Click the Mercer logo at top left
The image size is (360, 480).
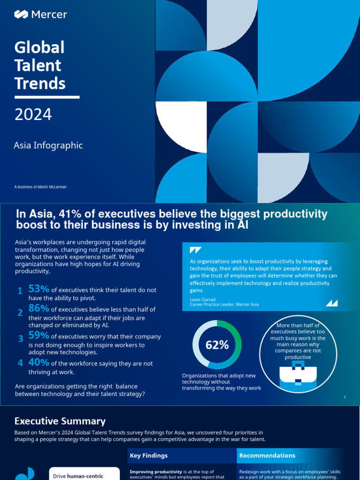tap(40, 15)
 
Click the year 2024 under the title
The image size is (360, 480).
tap(33, 114)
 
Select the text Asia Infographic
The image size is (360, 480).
tap(48, 145)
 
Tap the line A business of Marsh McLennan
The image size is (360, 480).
tap(40, 187)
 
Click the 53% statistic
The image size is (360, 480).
tap(39, 289)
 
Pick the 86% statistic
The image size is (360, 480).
tap(39, 308)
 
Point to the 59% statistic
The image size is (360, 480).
tap(39, 336)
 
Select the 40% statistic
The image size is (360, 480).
tap(39, 362)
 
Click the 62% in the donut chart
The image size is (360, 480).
tap(217, 345)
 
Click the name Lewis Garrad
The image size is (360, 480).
tap(202, 299)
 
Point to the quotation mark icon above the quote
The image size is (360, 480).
tap(195, 250)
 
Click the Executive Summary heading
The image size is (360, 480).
tap(60, 421)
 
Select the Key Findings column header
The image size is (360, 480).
tap(149, 456)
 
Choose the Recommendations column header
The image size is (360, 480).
tap(267, 456)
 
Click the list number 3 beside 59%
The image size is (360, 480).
tap(20, 338)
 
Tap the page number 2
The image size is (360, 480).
tap(345, 397)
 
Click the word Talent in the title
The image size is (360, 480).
tap(38, 66)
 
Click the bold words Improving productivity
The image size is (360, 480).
tap(152, 472)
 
